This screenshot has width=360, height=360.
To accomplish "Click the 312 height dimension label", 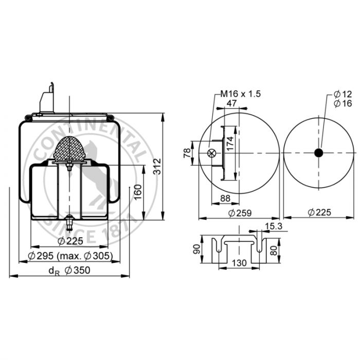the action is [x=157, y=167].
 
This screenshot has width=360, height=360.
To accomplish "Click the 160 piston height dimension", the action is [x=138, y=192].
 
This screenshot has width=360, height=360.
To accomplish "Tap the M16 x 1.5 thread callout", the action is [x=241, y=94].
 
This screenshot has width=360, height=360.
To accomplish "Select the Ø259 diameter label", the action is [x=240, y=213].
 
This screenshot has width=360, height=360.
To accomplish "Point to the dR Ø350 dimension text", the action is [x=69, y=271].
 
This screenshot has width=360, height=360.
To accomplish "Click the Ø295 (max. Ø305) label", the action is [x=70, y=256].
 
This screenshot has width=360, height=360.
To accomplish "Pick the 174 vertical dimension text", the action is [x=230, y=143].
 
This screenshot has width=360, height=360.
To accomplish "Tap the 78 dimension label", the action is [x=187, y=153].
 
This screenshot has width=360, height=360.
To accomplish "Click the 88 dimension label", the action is [x=225, y=199].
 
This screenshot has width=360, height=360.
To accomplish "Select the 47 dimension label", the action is [x=231, y=103].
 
